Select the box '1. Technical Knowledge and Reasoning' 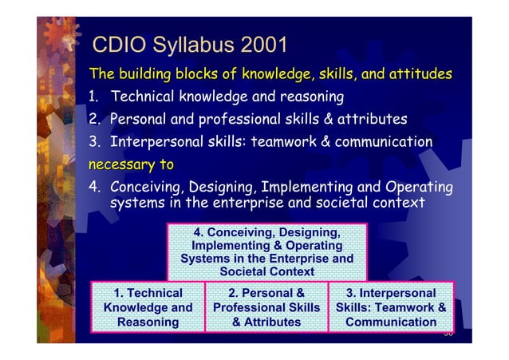click(x=148, y=307)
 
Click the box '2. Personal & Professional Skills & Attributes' click(x=266, y=307)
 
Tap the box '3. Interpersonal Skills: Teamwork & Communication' click(x=391, y=307)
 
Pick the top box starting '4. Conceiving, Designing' click(x=266, y=251)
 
